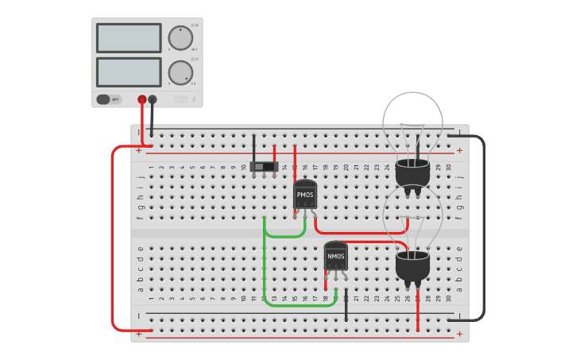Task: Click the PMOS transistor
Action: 305,193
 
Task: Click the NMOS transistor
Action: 335,256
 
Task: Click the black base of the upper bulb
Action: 412,171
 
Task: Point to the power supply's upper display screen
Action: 129,37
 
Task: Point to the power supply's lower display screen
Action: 129,72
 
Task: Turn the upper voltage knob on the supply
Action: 180,37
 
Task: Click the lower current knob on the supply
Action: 180,72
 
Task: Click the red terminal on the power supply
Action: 142,99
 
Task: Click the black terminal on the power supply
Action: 153,99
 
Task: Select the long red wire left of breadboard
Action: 113,238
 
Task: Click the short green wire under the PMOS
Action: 284,236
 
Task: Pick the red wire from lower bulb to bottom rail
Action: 418,310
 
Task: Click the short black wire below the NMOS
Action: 346,306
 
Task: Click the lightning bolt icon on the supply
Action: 195,99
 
